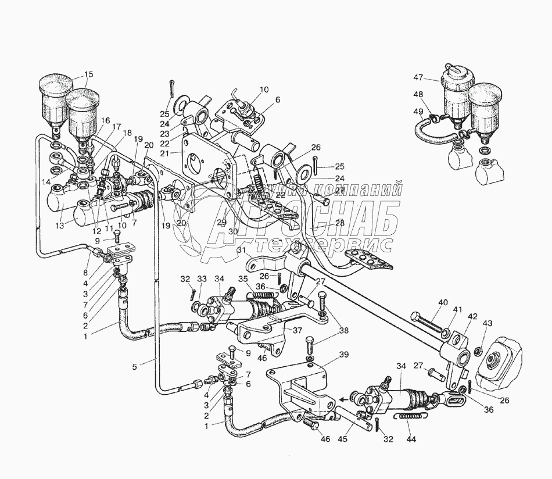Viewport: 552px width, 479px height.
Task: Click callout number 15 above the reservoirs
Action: [88, 74]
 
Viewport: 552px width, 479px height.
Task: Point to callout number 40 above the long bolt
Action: [443, 302]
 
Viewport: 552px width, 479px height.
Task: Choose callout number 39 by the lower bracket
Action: [344, 354]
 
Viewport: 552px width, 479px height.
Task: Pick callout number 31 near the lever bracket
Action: [241, 251]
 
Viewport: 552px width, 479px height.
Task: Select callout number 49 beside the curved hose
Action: [418, 112]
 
